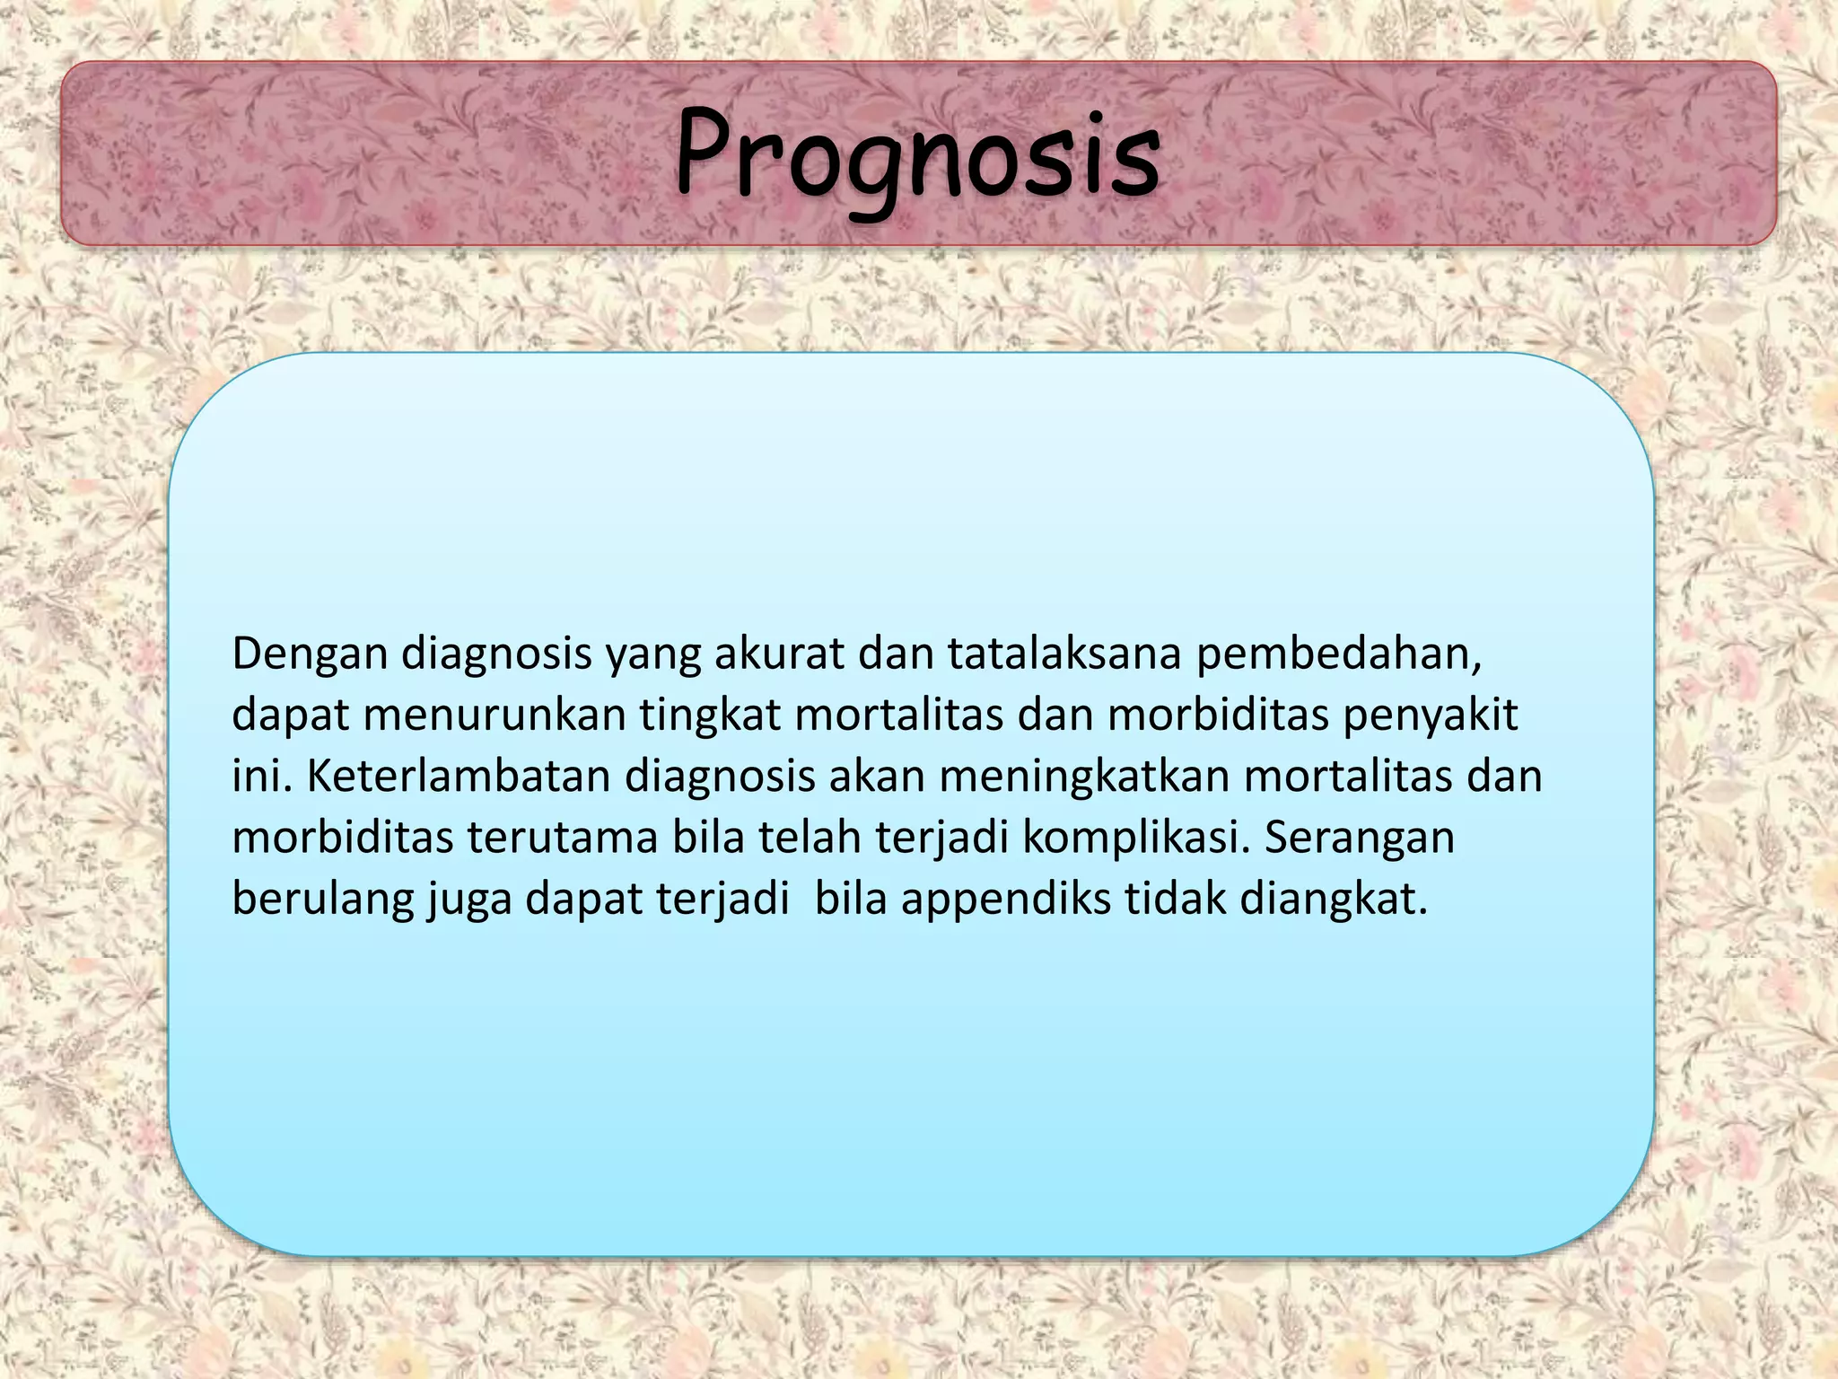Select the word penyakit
tap(1431, 716)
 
